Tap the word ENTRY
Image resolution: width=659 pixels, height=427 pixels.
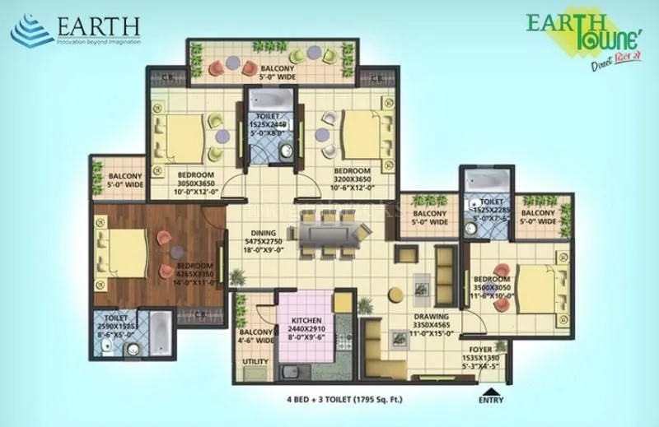(491, 401)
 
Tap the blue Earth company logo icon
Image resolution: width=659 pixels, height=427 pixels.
(31, 32)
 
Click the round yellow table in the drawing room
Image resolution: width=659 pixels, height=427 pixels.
(395, 292)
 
